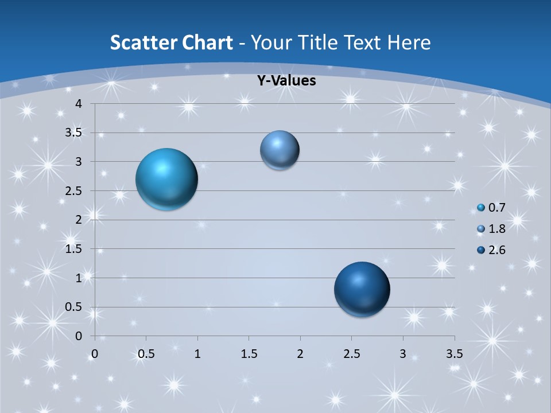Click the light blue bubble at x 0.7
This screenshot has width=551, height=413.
pos(166,179)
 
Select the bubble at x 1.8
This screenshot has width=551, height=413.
pos(280,150)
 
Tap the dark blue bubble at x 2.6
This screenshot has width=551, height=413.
pos(362,289)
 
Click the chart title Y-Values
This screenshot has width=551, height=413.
pos(286,81)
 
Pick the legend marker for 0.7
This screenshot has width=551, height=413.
pos(481,208)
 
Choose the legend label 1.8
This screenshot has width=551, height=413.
pos(496,229)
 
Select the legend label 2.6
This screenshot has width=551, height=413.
pos(496,250)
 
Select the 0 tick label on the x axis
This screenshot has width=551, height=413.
pos(95,353)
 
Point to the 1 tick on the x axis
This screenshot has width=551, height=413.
pos(197,353)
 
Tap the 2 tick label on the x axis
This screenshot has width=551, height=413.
pos(300,353)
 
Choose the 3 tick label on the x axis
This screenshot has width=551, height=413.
pos(403,353)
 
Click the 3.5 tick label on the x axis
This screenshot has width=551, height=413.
pos(454,353)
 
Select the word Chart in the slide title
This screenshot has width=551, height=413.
pos(208,42)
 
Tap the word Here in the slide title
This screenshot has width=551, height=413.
pos(408,42)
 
